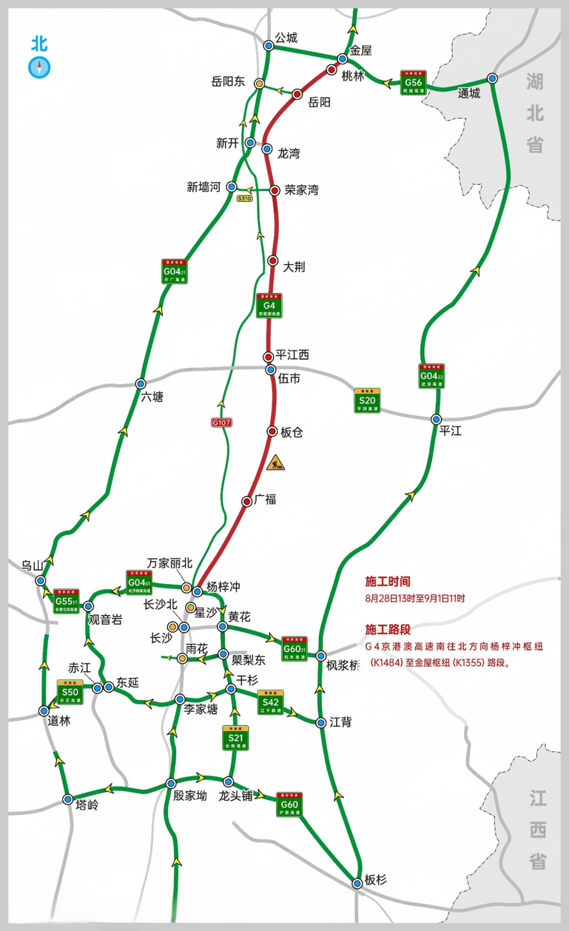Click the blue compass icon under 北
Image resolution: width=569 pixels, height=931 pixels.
tap(39, 68)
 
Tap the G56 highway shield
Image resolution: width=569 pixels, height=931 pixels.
tap(413, 83)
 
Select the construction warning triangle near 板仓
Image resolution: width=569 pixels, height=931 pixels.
tap(275, 463)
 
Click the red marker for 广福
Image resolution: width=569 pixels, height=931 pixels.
tap(247, 501)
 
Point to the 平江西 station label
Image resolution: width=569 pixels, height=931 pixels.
tap(292, 355)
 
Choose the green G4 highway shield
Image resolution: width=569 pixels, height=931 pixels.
tap(269, 305)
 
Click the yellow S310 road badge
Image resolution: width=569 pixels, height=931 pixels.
tap(244, 198)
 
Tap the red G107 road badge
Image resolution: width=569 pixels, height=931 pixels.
tap(221, 423)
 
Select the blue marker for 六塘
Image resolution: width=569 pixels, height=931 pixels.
tap(141, 383)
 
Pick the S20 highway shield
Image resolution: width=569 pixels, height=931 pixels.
tap(367, 401)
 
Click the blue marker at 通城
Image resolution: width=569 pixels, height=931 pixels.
tap(492, 79)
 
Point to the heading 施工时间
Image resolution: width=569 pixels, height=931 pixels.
tap(388, 581)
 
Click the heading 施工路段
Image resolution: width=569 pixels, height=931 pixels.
tap(388, 629)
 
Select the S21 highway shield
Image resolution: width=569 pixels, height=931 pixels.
tap(236, 738)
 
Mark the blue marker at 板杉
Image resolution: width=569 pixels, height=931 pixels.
tap(357, 883)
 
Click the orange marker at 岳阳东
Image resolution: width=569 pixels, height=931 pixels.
tap(259, 83)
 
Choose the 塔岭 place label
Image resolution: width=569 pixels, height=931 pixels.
tap(87, 805)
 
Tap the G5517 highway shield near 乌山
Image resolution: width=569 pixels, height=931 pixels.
tap(67, 601)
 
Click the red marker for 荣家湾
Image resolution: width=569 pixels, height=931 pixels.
tap(274, 190)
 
